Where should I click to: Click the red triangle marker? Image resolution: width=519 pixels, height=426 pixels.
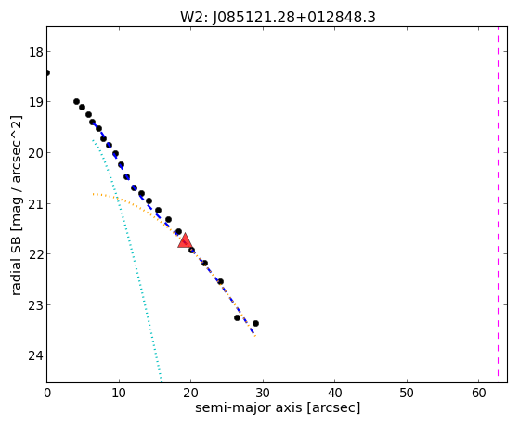click(185, 240)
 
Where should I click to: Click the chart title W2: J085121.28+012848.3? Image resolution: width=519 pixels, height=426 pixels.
click(278, 17)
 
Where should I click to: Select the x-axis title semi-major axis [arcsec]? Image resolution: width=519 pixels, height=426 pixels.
click(278, 407)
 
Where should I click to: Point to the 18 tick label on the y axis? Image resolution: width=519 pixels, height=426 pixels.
click(36, 52)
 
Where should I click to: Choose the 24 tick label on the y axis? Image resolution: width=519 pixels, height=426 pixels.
click(36, 355)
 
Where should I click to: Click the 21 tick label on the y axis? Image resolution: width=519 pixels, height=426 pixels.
click(36, 204)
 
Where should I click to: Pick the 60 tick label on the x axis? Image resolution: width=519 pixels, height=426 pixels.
click(479, 393)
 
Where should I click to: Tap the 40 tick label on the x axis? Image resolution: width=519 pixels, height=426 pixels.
click(334, 393)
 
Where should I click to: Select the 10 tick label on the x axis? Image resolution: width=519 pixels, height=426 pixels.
click(119, 393)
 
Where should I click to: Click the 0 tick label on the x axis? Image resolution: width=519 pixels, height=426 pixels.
click(47, 393)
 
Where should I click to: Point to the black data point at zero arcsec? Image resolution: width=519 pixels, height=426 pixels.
click(47, 72)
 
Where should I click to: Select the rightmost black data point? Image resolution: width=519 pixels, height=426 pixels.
click(255, 323)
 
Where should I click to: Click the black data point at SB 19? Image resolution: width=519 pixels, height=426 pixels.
click(76, 101)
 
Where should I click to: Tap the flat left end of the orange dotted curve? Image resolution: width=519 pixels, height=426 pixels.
click(94, 194)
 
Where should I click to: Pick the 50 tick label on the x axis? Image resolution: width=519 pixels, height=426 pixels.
click(407, 393)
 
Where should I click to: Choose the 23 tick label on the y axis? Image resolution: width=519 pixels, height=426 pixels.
click(36, 305)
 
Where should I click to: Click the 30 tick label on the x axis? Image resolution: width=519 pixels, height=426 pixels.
click(263, 393)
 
